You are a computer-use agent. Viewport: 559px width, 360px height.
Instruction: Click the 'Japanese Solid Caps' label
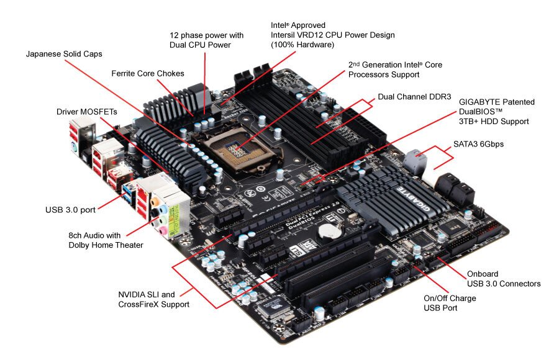[x=64, y=54]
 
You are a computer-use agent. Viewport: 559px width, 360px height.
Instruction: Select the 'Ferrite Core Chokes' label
[x=148, y=73]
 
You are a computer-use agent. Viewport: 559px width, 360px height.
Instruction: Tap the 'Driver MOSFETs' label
[x=86, y=112]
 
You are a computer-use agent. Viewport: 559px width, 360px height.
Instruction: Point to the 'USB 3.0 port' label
[x=70, y=210]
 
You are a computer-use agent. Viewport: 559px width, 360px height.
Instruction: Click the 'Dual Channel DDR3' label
[x=414, y=97]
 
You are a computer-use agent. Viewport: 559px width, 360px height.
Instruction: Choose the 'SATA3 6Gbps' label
[x=478, y=144]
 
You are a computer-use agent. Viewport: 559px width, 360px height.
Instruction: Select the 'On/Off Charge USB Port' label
[x=450, y=303]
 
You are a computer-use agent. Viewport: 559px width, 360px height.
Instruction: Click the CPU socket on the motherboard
[x=237, y=150]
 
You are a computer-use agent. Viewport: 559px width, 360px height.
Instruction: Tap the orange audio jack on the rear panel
[x=154, y=202]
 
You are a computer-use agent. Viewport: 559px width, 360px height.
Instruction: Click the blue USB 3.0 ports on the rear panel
[x=129, y=194]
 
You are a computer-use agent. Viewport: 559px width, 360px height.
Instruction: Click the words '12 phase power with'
[x=206, y=35]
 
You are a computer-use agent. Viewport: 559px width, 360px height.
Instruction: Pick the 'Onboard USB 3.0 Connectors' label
[x=503, y=279]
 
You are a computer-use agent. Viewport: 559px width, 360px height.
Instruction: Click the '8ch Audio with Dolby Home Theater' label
[x=106, y=240]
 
